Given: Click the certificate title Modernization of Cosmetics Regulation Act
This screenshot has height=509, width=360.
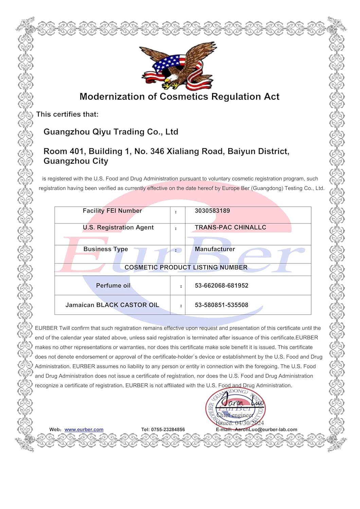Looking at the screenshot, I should coord(179,97).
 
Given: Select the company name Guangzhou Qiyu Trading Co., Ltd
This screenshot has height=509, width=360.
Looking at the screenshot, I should coord(111,132).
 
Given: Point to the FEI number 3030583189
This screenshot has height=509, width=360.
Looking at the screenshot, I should coord(212,211).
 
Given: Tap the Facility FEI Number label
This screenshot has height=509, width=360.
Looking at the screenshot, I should coord(112,211).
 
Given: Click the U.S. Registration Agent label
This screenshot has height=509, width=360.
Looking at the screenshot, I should coord(118,227).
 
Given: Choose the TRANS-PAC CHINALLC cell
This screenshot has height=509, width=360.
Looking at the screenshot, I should coord(230,227).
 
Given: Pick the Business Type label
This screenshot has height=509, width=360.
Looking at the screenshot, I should coord(106,249).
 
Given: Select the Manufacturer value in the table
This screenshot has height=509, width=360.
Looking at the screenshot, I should coord(215,249).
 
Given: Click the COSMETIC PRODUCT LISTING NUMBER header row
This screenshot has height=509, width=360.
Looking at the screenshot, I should coord(186,267).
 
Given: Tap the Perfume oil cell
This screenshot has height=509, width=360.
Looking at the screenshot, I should coord(113,286).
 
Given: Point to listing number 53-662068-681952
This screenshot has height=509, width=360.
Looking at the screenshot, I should coord(221,286).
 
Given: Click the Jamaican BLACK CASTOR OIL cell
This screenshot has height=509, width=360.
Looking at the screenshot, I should coord(112,305).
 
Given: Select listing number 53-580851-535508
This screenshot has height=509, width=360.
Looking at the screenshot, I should coord(221,305).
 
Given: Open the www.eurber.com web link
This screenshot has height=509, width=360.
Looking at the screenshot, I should coord(84,430).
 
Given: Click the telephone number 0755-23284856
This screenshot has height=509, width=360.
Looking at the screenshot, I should coord(168,430).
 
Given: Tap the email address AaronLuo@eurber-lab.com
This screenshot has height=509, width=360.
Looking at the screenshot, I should coord(266,430).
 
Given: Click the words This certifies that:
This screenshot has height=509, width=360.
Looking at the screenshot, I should coord(67,114).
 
